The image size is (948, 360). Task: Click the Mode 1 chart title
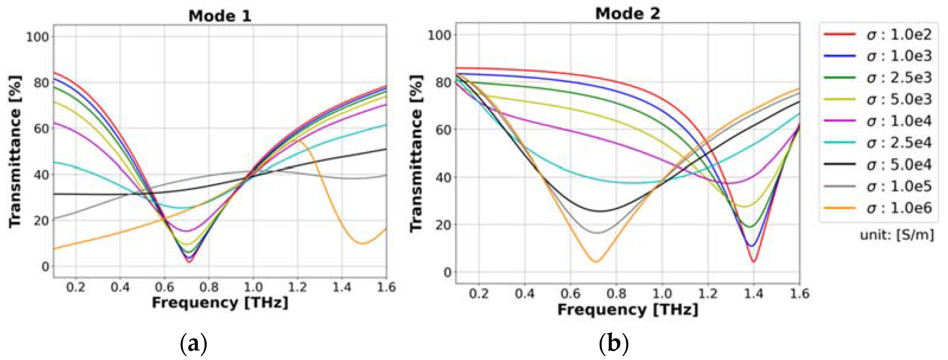[220, 16]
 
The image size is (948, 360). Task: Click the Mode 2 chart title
[627, 14]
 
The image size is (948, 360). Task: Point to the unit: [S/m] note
[897, 235]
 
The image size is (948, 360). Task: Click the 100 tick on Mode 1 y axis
[38, 37]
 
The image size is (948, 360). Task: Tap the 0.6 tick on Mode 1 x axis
[165, 287]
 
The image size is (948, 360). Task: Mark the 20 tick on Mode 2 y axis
[443, 224]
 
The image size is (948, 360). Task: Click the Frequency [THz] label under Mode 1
[220, 302]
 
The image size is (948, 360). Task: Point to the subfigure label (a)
[193, 343]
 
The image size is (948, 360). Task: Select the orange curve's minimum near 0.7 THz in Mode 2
[596, 262]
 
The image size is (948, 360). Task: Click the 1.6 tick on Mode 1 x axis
[386, 287]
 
